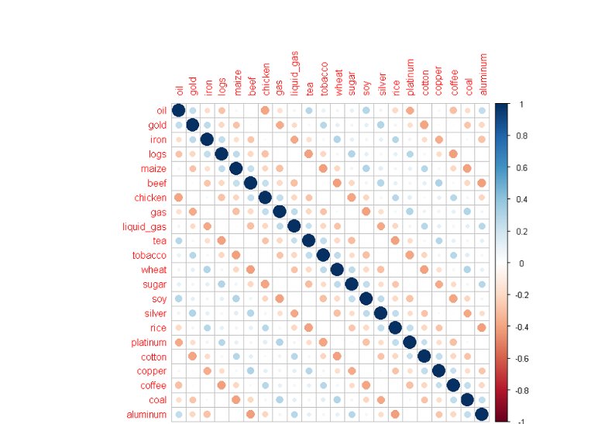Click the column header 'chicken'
tap(266, 80)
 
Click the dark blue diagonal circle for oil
tap(178, 110)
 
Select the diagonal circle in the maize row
tap(236, 168)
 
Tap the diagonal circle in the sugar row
tap(352, 284)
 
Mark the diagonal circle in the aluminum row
tap(482, 415)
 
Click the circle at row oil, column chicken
tap(265, 110)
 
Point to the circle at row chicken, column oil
tap(178, 197)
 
